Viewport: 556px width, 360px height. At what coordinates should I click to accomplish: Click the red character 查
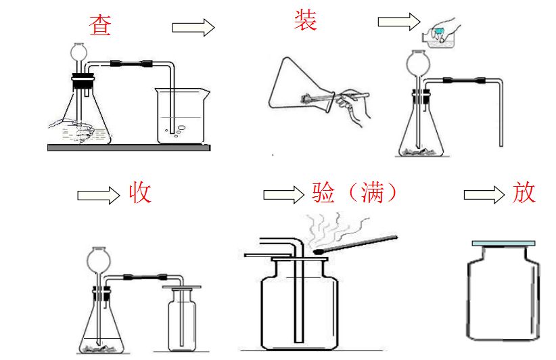(100, 25)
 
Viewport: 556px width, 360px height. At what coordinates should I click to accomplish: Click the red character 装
(305, 20)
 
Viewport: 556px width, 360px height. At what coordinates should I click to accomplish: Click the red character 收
(140, 194)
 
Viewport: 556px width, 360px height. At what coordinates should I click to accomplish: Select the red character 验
(324, 194)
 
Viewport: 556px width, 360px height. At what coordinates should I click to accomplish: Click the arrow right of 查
(193, 27)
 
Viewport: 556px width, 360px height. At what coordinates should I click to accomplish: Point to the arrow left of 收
(97, 195)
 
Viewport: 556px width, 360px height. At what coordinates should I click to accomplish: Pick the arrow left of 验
(283, 195)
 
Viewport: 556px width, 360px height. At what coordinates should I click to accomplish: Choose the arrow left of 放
(484, 195)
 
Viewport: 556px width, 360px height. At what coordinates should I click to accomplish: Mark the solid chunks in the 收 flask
(101, 348)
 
